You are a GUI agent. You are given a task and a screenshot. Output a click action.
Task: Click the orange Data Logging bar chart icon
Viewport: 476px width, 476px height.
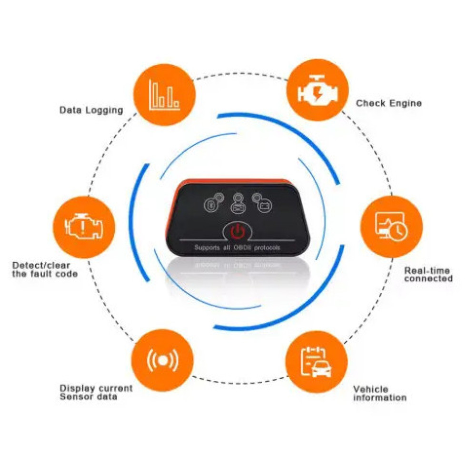pyautogui.click(x=165, y=95)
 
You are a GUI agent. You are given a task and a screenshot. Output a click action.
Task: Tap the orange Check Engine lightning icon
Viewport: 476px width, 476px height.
pyautogui.click(x=317, y=90)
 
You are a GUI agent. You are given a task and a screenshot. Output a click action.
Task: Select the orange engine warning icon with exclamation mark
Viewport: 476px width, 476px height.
pyautogui.click(x=84, y=227)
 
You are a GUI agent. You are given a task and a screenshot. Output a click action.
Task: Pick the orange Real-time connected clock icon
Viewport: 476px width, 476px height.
pyautogui.click(x=392, y=227)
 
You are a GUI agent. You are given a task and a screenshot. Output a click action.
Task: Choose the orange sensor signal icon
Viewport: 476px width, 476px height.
pyautogui.click(x=162, y=360)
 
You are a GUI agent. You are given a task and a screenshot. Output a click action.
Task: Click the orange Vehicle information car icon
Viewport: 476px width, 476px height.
pyautogui.click(x=317, y=362)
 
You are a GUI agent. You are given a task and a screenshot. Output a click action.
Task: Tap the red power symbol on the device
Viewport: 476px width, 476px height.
pyautogui.click(x=238, y=231)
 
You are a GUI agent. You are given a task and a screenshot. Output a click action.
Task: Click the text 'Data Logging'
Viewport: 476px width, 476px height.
pyautogui.click(x=91, y=110)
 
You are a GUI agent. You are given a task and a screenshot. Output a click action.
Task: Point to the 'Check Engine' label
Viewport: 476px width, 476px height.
pyautogui.click(x=389, y=103)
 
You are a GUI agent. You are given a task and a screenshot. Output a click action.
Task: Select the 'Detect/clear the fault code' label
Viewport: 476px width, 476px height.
pyautogui.click(x=45, y=269)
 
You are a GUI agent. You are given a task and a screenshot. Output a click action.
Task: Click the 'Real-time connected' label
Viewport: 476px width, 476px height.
pyautogui.click(x=428, y=275)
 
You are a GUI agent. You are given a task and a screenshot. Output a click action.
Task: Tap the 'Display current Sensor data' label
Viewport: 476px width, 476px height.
pyautogui.click(x=96, y=393)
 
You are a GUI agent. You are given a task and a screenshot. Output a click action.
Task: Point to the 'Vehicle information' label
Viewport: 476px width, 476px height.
pyautogui.click(x=380, y=394)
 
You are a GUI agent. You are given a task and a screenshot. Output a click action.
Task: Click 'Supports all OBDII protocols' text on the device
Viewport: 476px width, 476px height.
pyautogui.click(x=237, y=248)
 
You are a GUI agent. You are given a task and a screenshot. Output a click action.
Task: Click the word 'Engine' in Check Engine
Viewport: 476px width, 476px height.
pyautogui.click(x=406, y=103)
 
